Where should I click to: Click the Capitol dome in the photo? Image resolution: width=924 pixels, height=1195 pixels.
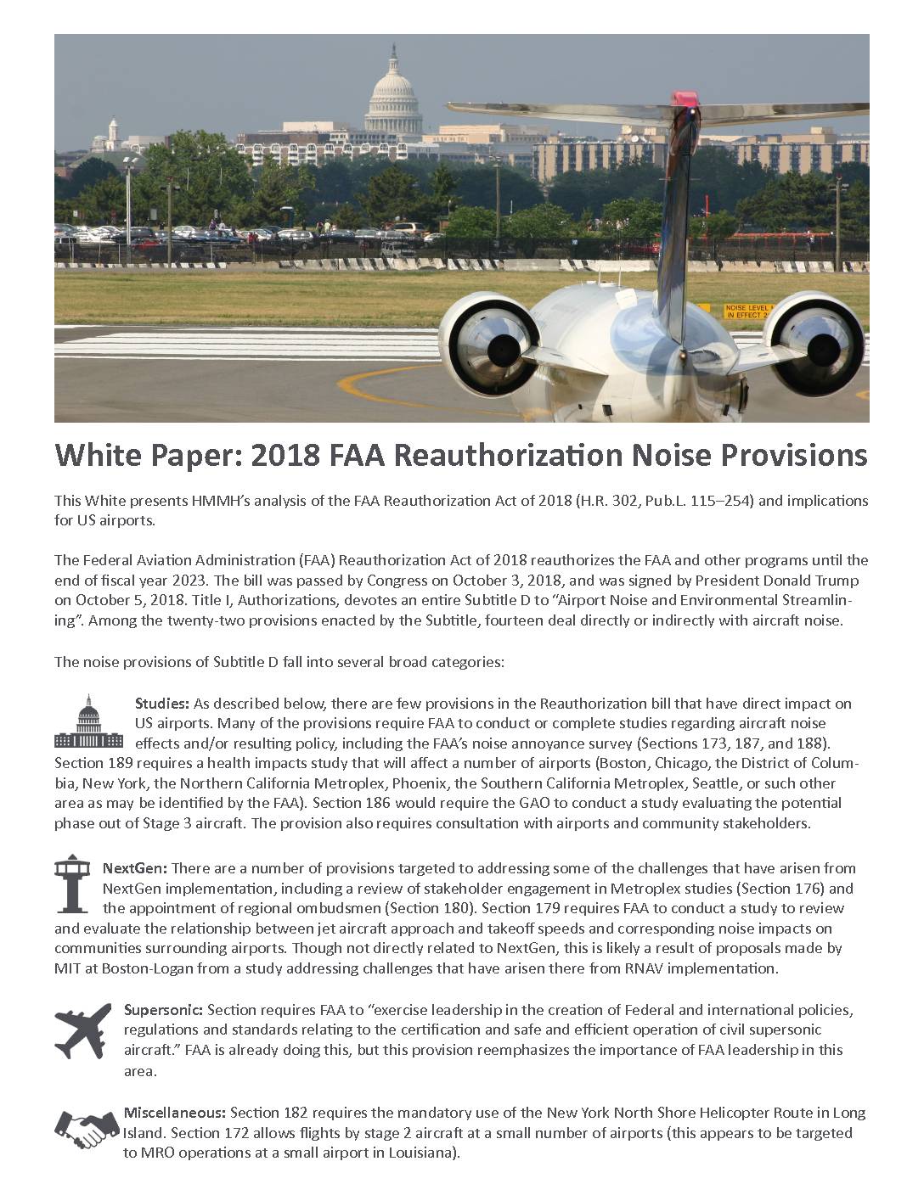(x=393, y=88)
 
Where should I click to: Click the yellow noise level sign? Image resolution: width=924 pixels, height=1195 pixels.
(x=745, y=311)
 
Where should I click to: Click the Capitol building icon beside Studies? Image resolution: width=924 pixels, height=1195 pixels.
(x=88, y=722)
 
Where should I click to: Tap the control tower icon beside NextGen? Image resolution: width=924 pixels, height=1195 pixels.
(x=72, y=884)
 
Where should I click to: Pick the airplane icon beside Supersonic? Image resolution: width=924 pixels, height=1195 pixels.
(x=82, y=1029)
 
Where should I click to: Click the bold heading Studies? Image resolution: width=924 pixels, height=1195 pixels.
(x=161, y=704)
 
